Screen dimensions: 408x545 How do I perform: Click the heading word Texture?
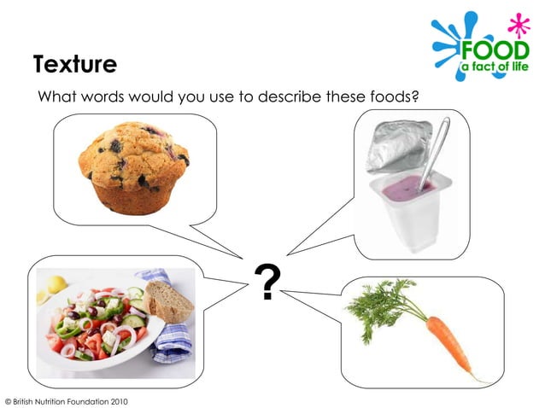coord(75,64)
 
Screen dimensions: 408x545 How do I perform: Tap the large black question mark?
coord(267,283)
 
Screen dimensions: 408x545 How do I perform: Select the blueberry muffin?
coord(135,166)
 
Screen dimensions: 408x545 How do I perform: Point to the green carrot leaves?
coord(380,304)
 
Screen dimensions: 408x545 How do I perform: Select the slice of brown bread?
coord(168,300)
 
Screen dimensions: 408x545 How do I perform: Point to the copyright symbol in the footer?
coord(8,400)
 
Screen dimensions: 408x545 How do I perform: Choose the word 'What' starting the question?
coord(57,97)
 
